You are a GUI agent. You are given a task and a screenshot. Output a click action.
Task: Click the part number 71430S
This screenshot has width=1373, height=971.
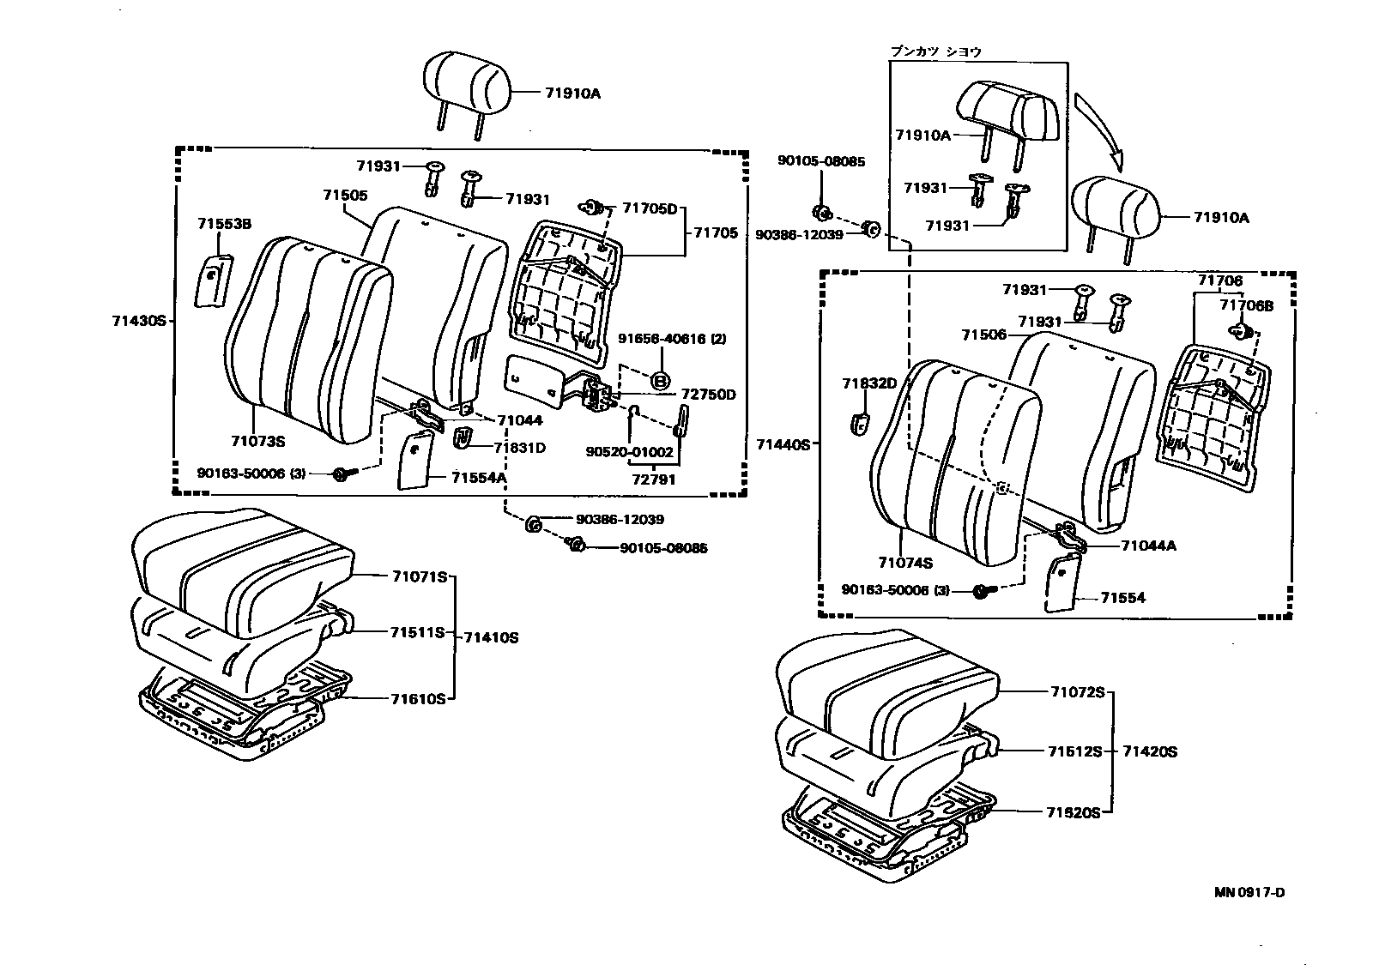point(137,322)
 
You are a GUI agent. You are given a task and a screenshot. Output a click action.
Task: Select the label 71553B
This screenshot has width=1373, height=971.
point(224,224)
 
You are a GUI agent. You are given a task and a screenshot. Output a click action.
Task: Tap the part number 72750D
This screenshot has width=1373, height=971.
point(708,395)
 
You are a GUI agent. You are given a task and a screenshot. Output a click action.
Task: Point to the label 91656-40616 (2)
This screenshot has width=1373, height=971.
point(672,339)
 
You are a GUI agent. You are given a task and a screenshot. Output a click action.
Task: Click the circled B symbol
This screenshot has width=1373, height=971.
point(661,380)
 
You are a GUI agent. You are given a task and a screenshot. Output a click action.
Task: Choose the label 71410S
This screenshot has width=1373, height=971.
point(491,638)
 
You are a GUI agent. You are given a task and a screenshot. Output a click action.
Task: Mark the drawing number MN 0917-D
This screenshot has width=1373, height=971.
point(1249,892)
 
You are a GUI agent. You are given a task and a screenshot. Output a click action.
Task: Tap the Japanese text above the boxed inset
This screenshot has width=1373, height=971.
point(934,51)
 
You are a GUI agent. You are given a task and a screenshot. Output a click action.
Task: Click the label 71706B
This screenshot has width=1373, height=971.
point(1247,305)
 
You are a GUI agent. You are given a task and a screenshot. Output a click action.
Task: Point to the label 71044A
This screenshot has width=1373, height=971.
point(1148,546)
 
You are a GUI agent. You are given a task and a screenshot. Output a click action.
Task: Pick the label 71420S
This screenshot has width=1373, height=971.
point(1149,752)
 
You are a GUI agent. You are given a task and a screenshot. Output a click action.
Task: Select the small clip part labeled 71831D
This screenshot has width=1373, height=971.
point(464,437)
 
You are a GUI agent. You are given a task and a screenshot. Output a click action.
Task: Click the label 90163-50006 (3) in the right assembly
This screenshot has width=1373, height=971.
point(896,590)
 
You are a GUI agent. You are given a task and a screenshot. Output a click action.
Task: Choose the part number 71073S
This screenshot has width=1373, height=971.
point(257,442)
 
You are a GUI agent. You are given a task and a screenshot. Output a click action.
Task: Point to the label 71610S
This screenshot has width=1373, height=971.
point(418,699)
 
